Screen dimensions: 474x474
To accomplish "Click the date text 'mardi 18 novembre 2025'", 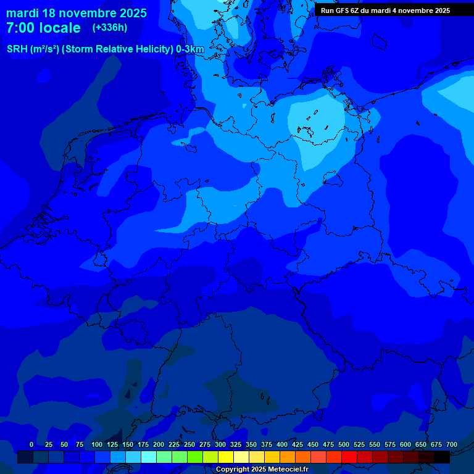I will point(77,13).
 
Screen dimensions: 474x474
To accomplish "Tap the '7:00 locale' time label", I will point(43,28).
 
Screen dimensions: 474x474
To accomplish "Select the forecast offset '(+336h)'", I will point(110,28).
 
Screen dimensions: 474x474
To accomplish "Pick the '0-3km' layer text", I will point(190,49).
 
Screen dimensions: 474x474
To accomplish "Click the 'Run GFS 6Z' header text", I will point(342,10).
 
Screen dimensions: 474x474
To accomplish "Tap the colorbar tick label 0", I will point(31,444).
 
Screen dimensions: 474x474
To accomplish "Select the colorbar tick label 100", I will point(97,444).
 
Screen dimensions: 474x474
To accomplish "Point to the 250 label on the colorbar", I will point(189,444).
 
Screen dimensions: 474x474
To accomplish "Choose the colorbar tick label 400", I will point(282,444).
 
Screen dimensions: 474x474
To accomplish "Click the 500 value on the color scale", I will point(344,444).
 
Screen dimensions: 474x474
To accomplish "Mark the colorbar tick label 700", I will point(452,444).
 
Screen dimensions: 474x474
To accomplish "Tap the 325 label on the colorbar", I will point(236,444).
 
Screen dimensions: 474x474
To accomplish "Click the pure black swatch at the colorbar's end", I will point(442,457).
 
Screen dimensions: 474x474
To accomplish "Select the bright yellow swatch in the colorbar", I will point(226,457).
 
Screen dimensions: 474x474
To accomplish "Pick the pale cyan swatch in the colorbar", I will point(149,457).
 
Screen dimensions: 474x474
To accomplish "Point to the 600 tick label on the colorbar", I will point(405,444).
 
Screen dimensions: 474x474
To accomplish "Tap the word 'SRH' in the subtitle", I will point(17,49).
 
